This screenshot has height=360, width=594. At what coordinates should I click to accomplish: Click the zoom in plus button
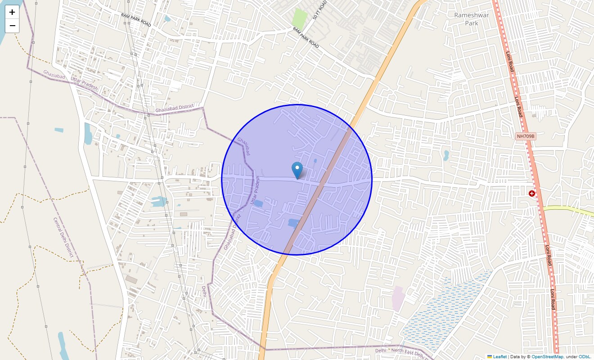tap(12, 12)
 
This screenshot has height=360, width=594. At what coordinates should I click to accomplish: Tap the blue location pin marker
tap(297, 170)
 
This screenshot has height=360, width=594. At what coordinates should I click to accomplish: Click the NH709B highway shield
tap(525, 136)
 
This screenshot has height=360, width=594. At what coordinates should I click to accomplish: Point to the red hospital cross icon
tap(532, 193)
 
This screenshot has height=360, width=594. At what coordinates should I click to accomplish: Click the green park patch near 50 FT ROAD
tap(299, 18)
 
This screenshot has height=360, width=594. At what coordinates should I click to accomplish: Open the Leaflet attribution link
tap(500, 357)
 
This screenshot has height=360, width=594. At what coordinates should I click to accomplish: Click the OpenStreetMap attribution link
tap(547, 357)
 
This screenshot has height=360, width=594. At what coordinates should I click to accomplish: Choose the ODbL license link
tap(585, 357)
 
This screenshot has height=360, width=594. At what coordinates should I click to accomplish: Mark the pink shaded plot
tap(398, 298)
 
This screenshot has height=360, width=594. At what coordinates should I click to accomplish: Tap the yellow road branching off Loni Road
tap(567, 209)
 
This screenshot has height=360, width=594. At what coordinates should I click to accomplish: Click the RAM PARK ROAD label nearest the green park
tap(306, 37)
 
